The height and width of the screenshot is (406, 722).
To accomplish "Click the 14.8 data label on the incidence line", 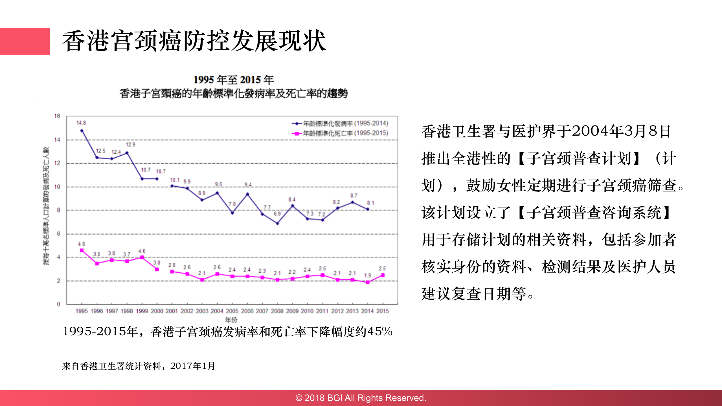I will point(81,123).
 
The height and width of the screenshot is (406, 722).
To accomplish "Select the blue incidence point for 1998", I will point(127,153).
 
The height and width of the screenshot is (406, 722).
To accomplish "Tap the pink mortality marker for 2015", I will point(383,275).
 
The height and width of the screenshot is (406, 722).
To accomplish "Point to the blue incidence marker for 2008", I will point(277,224).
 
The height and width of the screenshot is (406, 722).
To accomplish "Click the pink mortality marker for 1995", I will point(82,250).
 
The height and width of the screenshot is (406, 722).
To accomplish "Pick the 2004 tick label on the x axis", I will point(217,311).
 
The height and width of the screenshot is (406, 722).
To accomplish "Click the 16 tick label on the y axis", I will point(57,116).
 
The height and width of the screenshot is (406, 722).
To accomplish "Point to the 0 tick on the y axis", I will point(58,304).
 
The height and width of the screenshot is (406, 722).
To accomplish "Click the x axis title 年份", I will point(231,320).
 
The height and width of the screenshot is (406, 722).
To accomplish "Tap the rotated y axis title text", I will point(46,206).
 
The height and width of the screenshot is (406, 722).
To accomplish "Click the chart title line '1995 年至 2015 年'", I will point(233,80).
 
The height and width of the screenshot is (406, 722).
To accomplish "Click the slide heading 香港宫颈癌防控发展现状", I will point(194,41).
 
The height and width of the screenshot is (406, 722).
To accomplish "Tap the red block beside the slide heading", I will point(25,41).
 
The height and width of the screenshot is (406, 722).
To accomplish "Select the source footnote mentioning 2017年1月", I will point(138,366).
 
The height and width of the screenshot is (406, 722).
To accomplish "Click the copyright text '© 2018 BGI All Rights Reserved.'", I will point(361,398).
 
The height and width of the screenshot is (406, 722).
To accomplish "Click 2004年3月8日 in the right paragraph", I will point(621,131).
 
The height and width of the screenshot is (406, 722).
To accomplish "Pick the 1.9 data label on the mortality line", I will point(367,275).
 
